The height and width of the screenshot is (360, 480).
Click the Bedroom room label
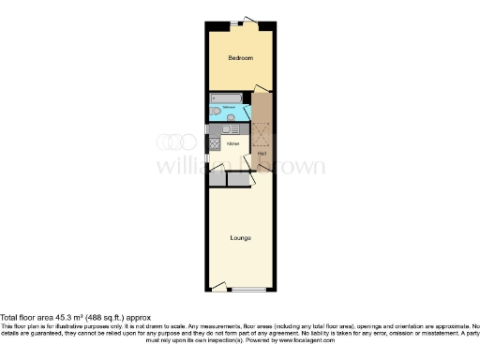point(241,58)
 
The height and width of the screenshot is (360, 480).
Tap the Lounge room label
point(240,237)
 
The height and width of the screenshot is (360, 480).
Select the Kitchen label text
point(232,143)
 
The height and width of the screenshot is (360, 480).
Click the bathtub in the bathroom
point(228,97)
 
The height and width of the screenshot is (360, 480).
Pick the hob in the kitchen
point(215,144)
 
